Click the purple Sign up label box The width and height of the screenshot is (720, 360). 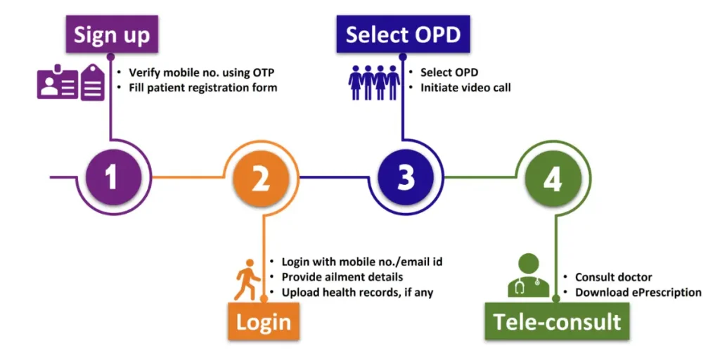[112, 34]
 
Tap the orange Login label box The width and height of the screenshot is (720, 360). [264, 322]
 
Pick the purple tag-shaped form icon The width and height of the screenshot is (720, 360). [93, 82]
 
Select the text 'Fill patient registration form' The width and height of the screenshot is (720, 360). [202, 88]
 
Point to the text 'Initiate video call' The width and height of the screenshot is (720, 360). [465, 88]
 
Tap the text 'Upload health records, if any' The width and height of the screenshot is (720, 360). [357, 292]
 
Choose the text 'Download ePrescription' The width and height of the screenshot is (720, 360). [638, 292]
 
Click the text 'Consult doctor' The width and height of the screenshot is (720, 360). [613, 277]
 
